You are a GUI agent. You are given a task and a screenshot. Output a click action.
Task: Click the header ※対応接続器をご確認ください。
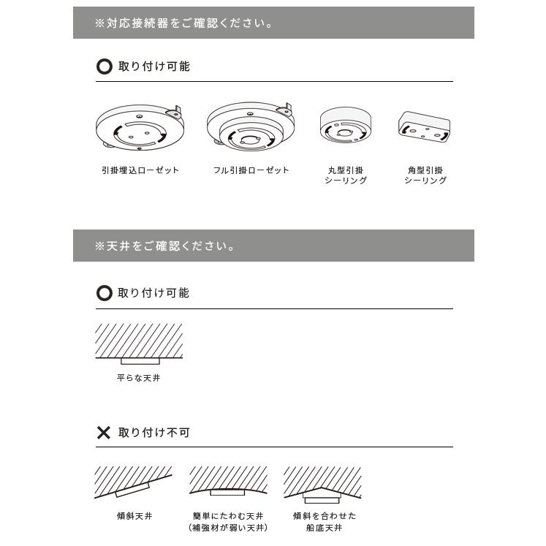183,23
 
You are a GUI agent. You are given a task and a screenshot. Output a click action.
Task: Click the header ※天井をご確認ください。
164,246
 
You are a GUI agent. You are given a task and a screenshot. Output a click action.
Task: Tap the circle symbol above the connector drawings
105,67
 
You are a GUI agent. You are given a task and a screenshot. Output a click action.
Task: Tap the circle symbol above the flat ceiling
105,293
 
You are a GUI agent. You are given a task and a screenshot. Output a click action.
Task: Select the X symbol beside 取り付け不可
104,433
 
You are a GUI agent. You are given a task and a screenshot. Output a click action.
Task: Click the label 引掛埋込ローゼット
140,170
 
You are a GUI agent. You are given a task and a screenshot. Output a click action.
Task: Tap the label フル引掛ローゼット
251,170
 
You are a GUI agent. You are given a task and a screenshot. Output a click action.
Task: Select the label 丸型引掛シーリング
345,175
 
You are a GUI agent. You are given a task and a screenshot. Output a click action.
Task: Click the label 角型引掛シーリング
425,175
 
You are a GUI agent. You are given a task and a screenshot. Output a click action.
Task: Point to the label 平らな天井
138,379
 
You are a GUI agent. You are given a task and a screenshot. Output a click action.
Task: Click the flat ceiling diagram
139,344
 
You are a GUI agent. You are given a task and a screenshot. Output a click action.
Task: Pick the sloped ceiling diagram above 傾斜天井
134,482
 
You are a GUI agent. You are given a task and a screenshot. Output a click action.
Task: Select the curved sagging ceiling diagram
228,482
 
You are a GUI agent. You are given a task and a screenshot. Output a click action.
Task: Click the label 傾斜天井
134,516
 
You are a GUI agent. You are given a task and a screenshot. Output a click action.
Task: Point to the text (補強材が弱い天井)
228,528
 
